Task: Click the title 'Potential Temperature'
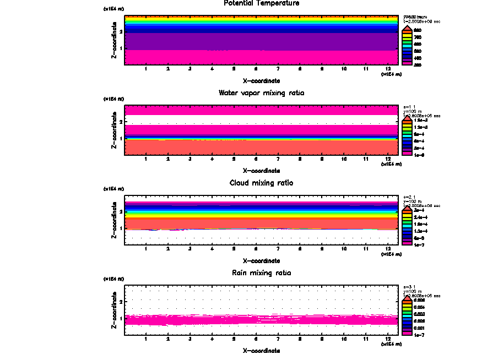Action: (x=262, y=3)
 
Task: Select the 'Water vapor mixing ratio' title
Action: (x=262, y=93)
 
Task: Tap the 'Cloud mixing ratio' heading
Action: (x=262, y=183)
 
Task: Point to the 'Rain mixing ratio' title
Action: (x=262, y=273)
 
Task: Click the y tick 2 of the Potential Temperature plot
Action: (x=121, y=32)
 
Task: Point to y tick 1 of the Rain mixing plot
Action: (x=121, y=319)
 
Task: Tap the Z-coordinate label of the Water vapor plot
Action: (x=114, y=130)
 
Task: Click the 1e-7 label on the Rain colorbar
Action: (x=419, y=334)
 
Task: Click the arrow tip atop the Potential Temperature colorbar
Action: (x=406, y=26)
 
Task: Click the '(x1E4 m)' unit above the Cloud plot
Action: (x=114, y=189)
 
